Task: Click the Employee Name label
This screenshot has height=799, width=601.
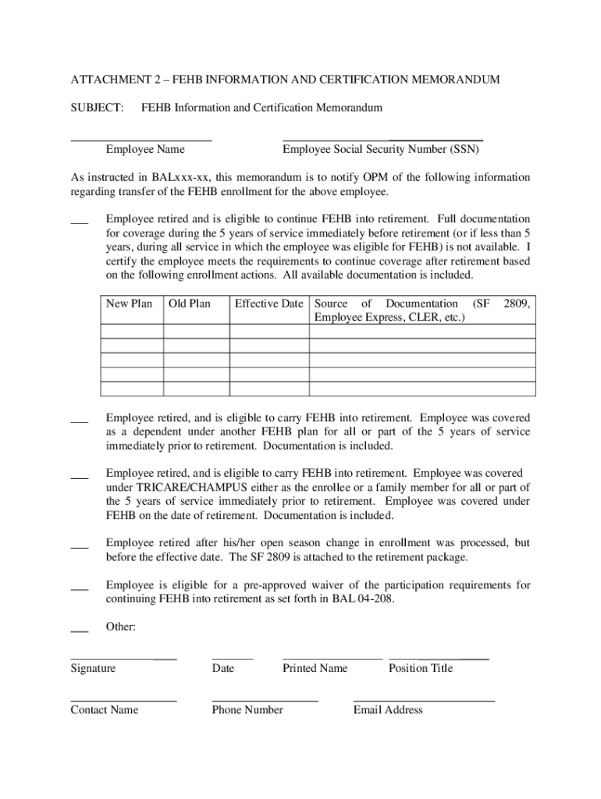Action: click(x=145, y=149)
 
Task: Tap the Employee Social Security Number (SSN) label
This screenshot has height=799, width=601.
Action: click(x=381, y=149)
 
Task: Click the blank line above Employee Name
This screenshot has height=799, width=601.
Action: click(x=141, y=140)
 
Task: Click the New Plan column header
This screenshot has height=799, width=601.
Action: click(x=129, y=304)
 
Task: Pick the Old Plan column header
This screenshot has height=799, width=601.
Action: click(x=190, y=304)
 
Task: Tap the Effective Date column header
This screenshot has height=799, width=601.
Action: click(x=268, y=304)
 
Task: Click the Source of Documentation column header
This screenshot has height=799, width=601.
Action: click(x=421, y=311)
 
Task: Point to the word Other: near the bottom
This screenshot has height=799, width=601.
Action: click(x=121, y=627)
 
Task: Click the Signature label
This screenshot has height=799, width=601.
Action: click(x=93, y=668)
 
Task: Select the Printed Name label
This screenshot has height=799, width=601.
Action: click(x=315, y=668)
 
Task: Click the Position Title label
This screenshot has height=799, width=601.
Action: click(x=420, y=668)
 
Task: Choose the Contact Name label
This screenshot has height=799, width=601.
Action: click(x=104, y=709)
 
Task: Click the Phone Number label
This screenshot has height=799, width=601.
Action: click(x=247, y=709)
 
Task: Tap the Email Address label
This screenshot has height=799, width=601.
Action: click(x=388, y=709)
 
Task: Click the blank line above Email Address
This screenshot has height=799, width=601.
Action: click(x=424, y=701)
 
